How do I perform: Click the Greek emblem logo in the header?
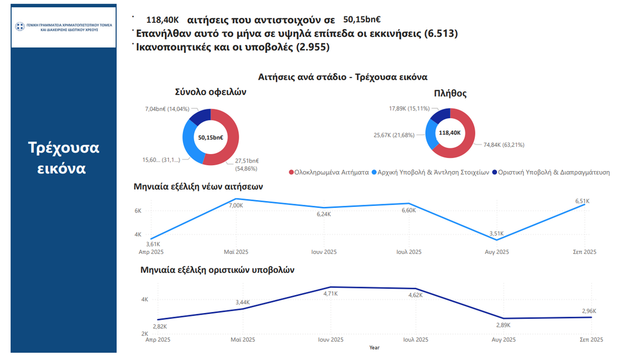tap(20, 27)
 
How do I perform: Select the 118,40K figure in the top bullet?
tap(163, 20)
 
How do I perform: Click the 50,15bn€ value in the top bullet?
tap(362, 20)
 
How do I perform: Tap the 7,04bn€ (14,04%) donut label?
tap(167, 109)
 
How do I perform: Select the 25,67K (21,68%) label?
tap(394, 135)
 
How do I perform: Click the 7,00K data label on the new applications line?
tap(236, 205)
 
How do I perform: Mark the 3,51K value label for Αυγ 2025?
tap(496, 234)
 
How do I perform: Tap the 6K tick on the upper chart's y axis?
tap(138, 211)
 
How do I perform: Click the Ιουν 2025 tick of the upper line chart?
tap(323, 252)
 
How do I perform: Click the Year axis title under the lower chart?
tap(374, 347)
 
